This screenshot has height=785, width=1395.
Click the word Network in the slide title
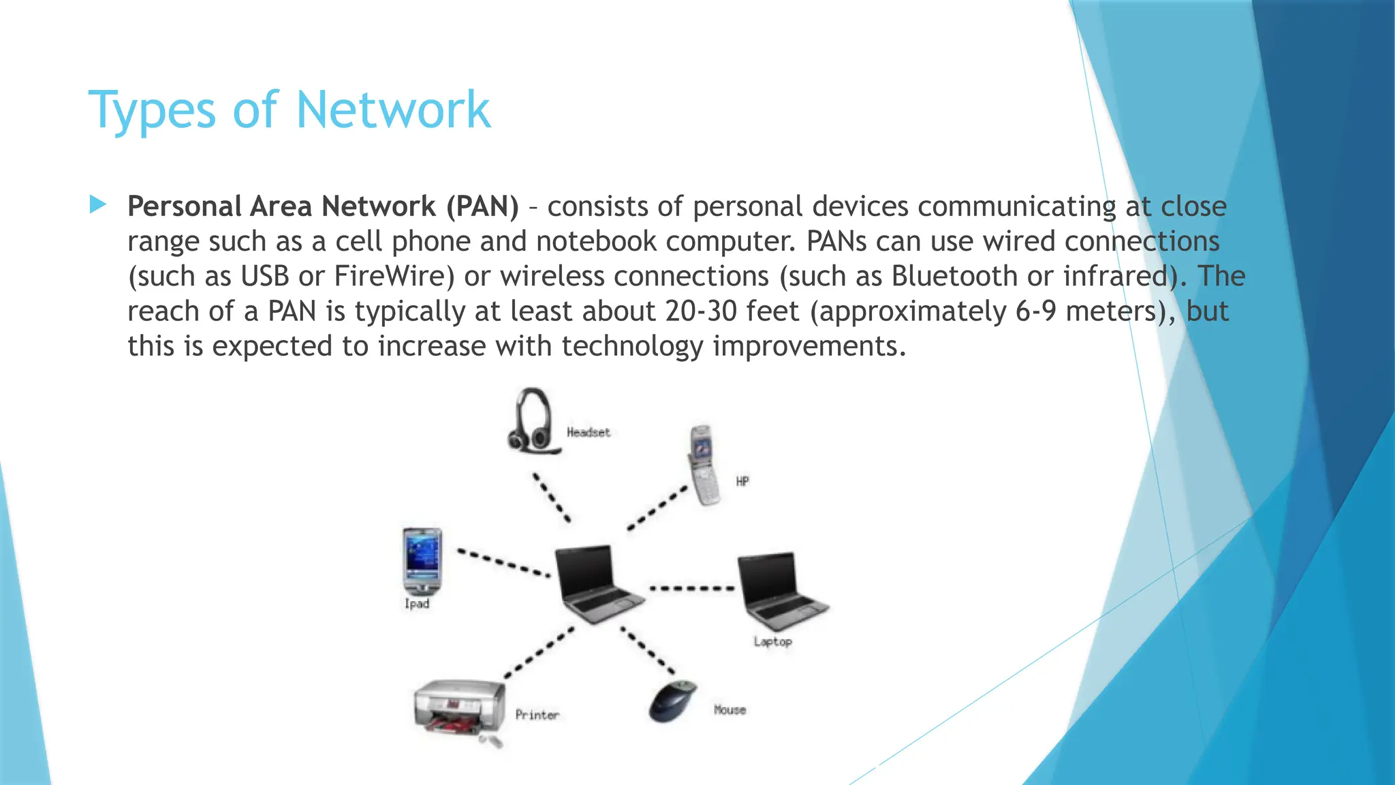coord(393,110)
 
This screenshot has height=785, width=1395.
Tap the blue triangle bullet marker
coord(98,204)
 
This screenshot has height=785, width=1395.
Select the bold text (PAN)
coord(482,206)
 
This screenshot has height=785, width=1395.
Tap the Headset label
coord(589,432)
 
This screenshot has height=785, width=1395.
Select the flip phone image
coord(704,465)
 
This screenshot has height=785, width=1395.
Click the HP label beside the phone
coord(742,481)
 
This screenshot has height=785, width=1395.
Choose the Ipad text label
coord(417,604)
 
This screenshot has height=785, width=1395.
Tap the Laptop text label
coord(772,641)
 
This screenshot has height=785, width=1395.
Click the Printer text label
coord(537,715)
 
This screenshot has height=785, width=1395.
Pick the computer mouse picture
coord(673,701)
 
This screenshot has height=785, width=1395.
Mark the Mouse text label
coord(730,710)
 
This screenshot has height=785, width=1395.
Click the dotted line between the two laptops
coord(691,588)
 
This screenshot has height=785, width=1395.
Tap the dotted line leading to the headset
coord(552,497)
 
